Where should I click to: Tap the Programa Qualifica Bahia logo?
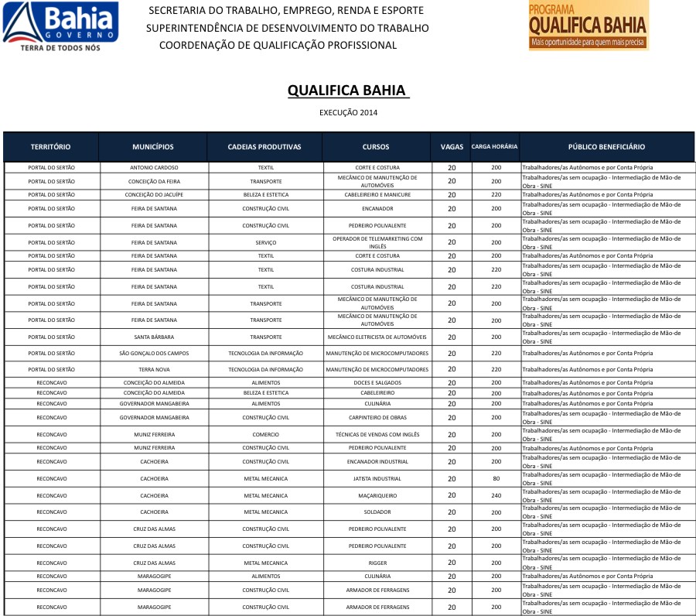tap(588, 26)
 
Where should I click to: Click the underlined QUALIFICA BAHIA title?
tap(347, 90)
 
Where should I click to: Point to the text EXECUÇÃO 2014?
tap(348, 113)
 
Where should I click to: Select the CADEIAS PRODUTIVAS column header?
tap(264, 147)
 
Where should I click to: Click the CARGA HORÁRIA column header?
tap(495, 147)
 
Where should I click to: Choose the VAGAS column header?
tap(452, 147)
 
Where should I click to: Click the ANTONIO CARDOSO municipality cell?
tap(154, 167)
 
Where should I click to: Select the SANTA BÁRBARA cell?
tap(154, 337)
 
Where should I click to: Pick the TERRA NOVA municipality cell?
tap(154, 369)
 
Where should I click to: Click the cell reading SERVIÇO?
tap(265, 242)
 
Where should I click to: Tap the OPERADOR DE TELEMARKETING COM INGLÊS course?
tap(377, 242)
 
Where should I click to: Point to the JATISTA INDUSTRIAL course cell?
tap(377, 478)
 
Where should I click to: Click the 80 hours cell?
tap(496, 478)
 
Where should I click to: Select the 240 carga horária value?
tap(496, 495)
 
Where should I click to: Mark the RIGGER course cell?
tap(377, 563)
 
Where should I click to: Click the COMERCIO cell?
tap(265, 434)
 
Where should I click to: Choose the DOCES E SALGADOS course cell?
tap(377, 383)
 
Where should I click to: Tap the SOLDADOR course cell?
tap(377, 512)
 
